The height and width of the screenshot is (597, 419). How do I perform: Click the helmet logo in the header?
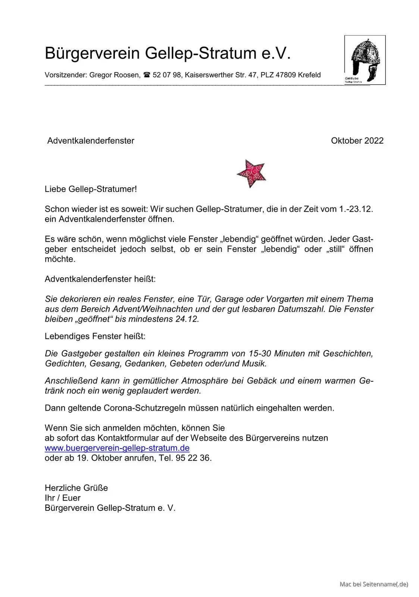click(365, 60)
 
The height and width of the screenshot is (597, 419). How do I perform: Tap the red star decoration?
click(251, 173)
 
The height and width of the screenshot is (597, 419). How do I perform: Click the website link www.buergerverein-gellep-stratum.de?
click(117, 448)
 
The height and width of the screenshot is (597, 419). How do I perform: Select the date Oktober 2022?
click(357, 141)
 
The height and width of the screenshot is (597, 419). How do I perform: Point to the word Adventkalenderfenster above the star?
click(91, 141)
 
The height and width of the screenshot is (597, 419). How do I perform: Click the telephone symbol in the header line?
click(147, 75)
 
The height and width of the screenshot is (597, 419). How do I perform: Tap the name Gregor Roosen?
click(114, 75)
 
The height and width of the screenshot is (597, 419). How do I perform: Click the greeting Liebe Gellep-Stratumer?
click(91, 189)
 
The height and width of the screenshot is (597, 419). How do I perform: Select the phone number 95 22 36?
click(193, 458)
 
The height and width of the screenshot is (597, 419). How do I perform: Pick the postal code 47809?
click(286, 75)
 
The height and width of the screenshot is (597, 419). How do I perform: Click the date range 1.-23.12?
click(356, 209)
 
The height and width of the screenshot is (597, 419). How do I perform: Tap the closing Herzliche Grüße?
click(76, 488)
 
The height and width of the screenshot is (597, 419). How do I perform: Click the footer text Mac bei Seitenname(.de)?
click(373, 584)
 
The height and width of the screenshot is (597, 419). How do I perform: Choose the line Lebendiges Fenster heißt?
click(95, 336)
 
